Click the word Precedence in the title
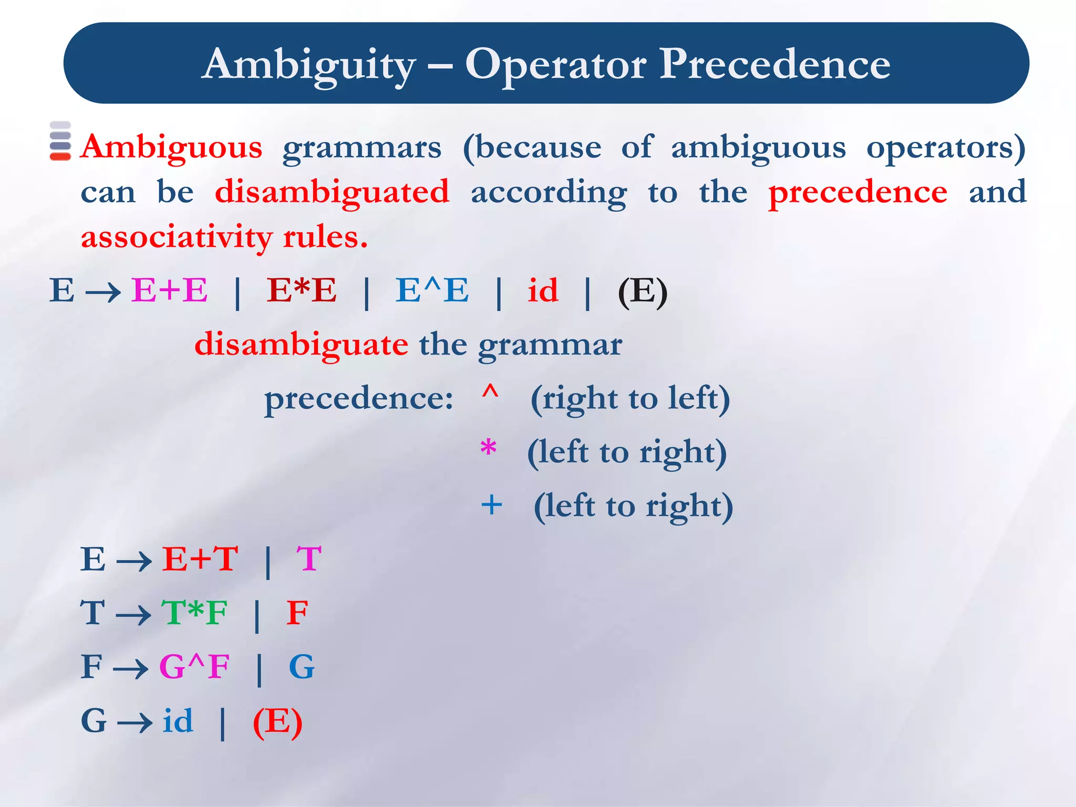[x=774, y=64]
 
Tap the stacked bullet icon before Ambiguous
[x=60, y=141]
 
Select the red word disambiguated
[x=332, y=192]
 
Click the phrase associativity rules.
[x=224, y=237]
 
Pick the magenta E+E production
[x=169, y=290]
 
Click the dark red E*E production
[x=302, y=290]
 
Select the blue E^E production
[x=432, y=290]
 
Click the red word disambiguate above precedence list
[x=301, y=345]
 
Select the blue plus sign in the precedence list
[x=491, y=505]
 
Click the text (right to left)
[x=630, y=398]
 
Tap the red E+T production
[x=200, y=558]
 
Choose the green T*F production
[x=194, y=613]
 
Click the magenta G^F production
[x=194, y=667]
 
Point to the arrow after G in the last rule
[x=134, y=723]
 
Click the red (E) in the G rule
[x=277, y=722]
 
